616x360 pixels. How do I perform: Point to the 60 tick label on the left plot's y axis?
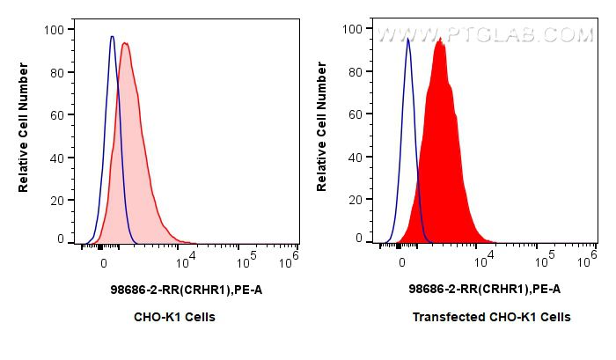click(x=55, y=114)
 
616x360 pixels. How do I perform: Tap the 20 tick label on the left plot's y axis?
click(x=55, y=200)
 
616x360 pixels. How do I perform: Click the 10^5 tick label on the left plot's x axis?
click(x=249, y=261)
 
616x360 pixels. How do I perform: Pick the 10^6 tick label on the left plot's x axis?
click(x=291, y=261)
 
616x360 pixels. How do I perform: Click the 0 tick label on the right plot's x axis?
click(x=402, y=261)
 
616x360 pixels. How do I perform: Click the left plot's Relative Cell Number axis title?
click(x=24, y=133)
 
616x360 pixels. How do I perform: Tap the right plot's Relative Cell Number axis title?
click(x=322, y=133)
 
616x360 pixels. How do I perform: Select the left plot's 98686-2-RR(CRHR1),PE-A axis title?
click(x=174, y=289)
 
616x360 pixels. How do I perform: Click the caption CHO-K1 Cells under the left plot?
click(x=174, y=317)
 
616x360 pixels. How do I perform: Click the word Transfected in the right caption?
click(x=444, y=317)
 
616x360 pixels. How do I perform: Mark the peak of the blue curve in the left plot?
click(x=112, y=36)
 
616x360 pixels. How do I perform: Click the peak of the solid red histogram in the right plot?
click(x=439, y=39)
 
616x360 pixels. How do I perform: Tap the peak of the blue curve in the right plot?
click(x=407, y=39)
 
